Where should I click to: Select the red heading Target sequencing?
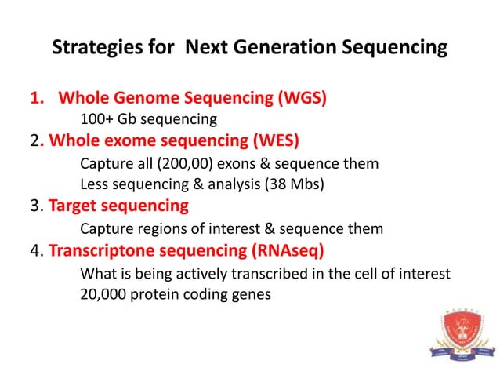(118, 206)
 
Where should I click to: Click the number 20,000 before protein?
(104, 294)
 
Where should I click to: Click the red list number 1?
(35, 99)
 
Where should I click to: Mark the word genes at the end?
(253, 294)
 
